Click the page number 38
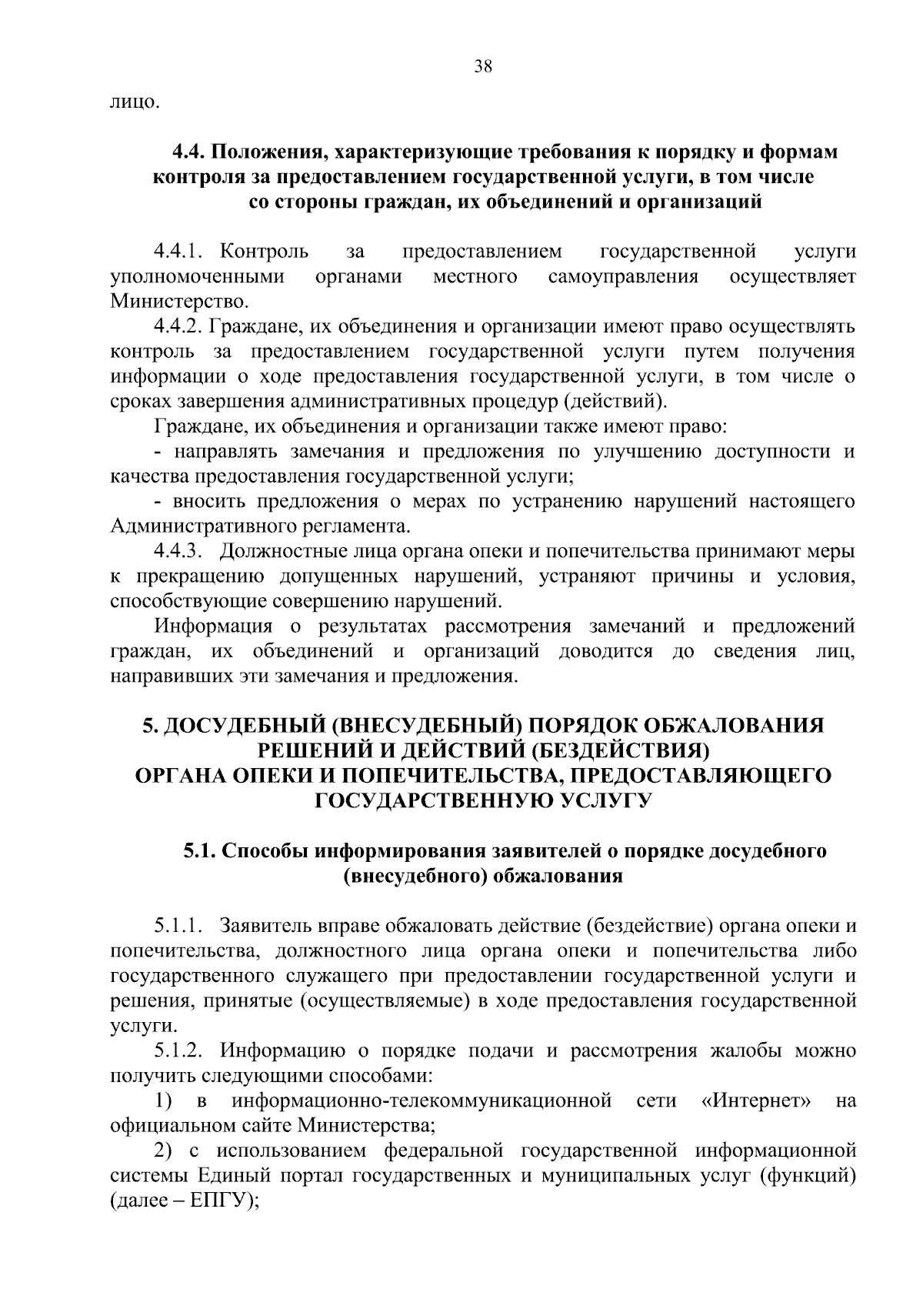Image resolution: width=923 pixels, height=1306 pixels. coord(483,67)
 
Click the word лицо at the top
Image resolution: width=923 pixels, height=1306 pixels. coord(135,102)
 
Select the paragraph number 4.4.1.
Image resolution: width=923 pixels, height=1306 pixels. coord(178,252)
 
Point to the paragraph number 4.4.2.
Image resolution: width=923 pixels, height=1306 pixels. coord(178,327)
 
